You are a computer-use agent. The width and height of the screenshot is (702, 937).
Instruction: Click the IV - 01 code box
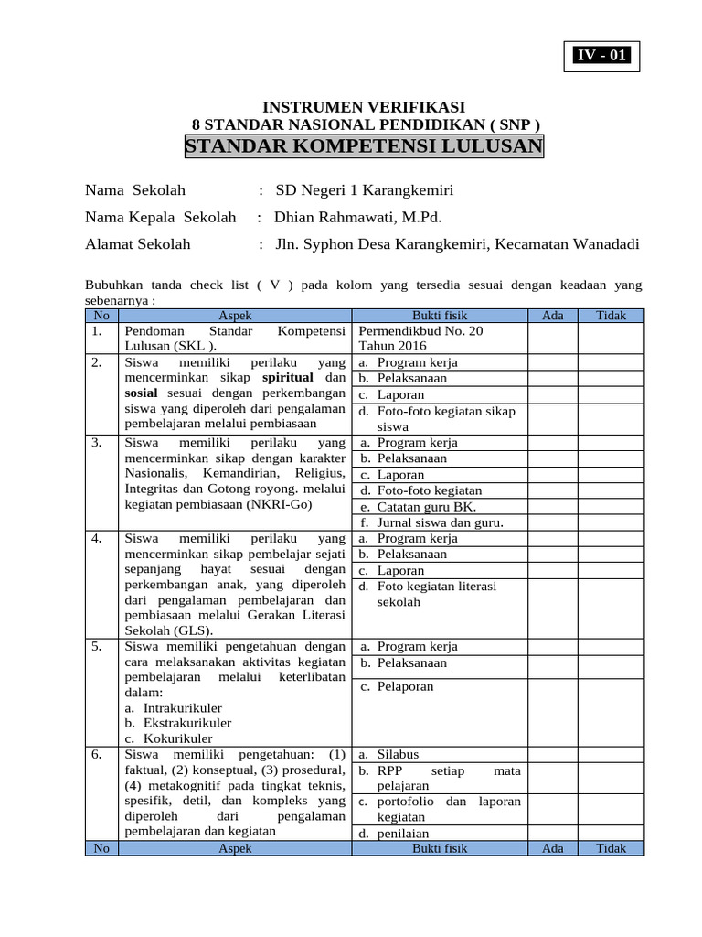[601, 56]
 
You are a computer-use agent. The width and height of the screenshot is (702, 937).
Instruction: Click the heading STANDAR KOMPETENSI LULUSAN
[364, 147]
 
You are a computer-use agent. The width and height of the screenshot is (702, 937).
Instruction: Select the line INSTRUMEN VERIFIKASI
[364, 107]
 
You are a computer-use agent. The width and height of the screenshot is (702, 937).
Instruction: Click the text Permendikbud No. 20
[421, 330]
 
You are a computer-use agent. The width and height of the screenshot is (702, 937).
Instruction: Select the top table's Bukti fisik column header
[440, 315]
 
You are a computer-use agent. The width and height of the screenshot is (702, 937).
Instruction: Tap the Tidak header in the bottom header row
[611, 848]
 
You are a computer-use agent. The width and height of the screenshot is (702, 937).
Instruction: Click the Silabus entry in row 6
[398, 754]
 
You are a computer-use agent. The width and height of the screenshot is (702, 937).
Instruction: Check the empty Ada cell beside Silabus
[552, 754]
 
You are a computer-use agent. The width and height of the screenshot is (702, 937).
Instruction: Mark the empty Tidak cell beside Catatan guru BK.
[611, 507]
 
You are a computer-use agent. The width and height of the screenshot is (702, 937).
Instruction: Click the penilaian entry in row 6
[403, 833]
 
